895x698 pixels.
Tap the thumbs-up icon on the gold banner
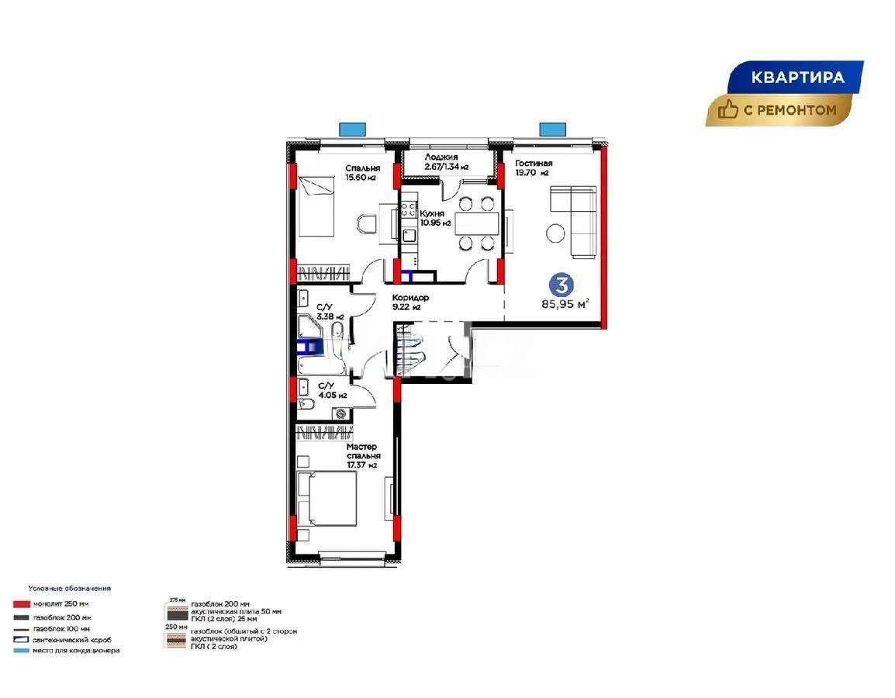click(727, 110)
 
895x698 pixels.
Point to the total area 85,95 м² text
click(565, 303)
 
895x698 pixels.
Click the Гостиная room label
click(533, 163)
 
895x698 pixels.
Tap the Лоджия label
click(441, 157)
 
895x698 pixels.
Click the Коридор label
click(410, 298)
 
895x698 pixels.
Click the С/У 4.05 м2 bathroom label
click(328, 389)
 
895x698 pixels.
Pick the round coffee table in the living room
click(556, 232)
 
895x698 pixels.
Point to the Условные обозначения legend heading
click(69, 589)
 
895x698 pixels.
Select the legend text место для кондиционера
click(76, 651)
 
